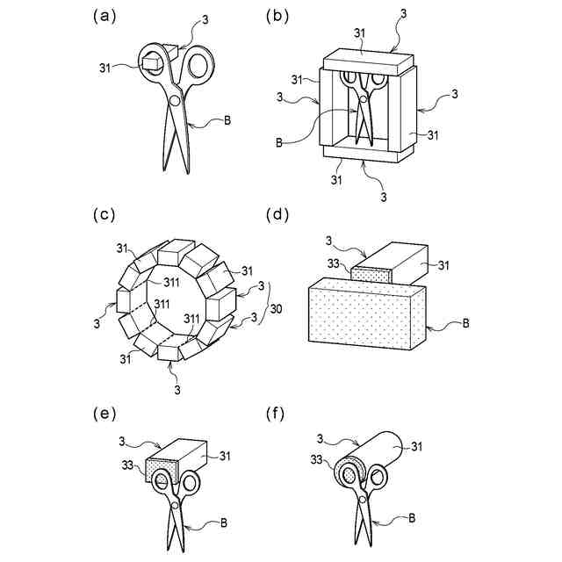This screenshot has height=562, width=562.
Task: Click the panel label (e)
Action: [x=103, y=413]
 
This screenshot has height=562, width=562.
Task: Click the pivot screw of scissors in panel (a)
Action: [x=174, y=102]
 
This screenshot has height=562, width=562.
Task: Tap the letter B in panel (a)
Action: [x=227, y=120]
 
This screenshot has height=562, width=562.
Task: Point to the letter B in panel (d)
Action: [x=466, y=323]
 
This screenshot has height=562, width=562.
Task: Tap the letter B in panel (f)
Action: [x=412, y=518]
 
